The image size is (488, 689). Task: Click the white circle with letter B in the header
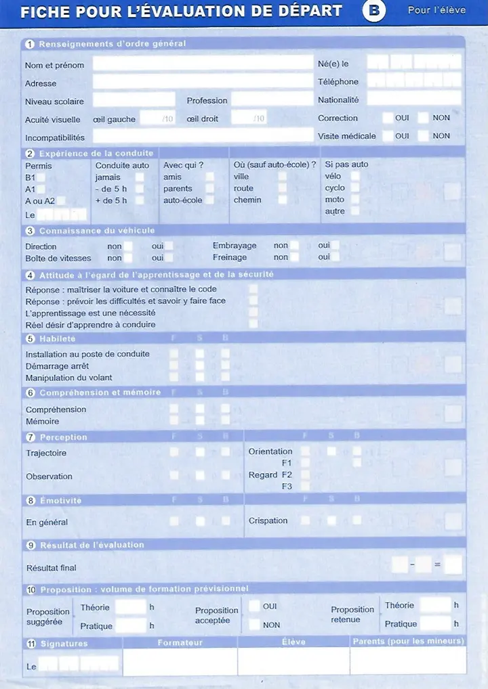pyautogui.click(x=373, y=12)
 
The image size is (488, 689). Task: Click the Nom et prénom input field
pyautogui.click(x=202, y=64)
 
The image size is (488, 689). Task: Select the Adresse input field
pyautogui.click(x=202, y=82)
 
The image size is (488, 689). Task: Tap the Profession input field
pyautogui.click(x=271, y=99)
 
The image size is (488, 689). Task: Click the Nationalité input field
pyautogui.click(x=413, y=99)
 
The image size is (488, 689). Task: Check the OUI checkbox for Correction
pyautogui.click(x=388, y=118)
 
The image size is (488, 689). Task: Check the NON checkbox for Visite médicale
pyautogui.click(x=424, y=135)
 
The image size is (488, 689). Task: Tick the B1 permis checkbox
pyautogui.click(x=41, y=177)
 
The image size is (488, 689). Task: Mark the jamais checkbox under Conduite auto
pyautogui.click(x=140, y=177)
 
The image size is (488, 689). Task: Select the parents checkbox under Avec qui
pyautogui.click(x=210, y=189)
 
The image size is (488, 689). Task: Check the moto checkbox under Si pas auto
pyautogui.click(x=355, y=200)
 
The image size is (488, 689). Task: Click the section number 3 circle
pyautogui.click(x=30, y=231)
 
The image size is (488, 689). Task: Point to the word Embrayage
pyautogui.click(x=235, y=246)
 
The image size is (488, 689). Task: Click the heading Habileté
pyautogui.click(x=58, y=338)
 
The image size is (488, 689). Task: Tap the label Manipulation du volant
pyautogui.click(x=69, y=378)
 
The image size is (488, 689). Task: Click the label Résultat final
pyautogui.click(x=51, y=568)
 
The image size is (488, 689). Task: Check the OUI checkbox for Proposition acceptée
pyautogui.click(x=254, y=606)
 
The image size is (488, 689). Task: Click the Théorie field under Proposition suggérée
pyautogui.click(x=130, y=607)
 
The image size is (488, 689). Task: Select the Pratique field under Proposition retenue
pyautogui.click(x=435, y=623)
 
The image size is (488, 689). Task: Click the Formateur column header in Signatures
pyautogui.click(x=180, y=642)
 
